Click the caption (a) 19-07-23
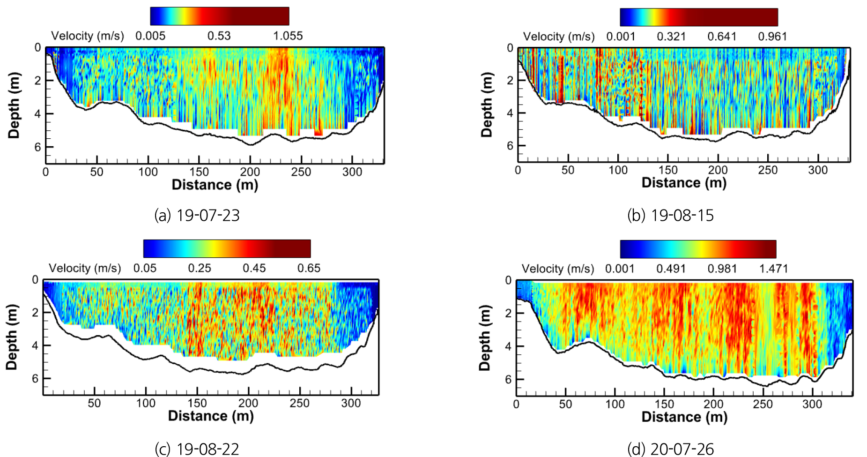[x=197, y=215]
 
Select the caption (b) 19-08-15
[x=670, y=215]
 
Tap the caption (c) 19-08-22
[x=197, y=449]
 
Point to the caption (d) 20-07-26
[x=670, y=449]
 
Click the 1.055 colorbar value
[x=288, y=36]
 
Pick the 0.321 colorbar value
[x=671, y=37]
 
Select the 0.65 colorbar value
[x=309, y=268]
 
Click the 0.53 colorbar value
[x=219, y=36]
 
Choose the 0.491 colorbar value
[x=671, y=269]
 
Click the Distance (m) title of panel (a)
[x=215, y=185]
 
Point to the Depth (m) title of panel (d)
[x=485, y=337]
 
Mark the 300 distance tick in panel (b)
[x=818, y=170]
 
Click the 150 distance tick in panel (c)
[x=197, y=403]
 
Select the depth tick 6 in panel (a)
[x=37, y=147]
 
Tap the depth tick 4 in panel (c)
[x=35, y=345]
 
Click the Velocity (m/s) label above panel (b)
[x=558, y=37]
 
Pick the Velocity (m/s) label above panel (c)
[x=85, y=268]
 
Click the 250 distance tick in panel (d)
[x=763, y=404]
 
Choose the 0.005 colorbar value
[x=150, y=36]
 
